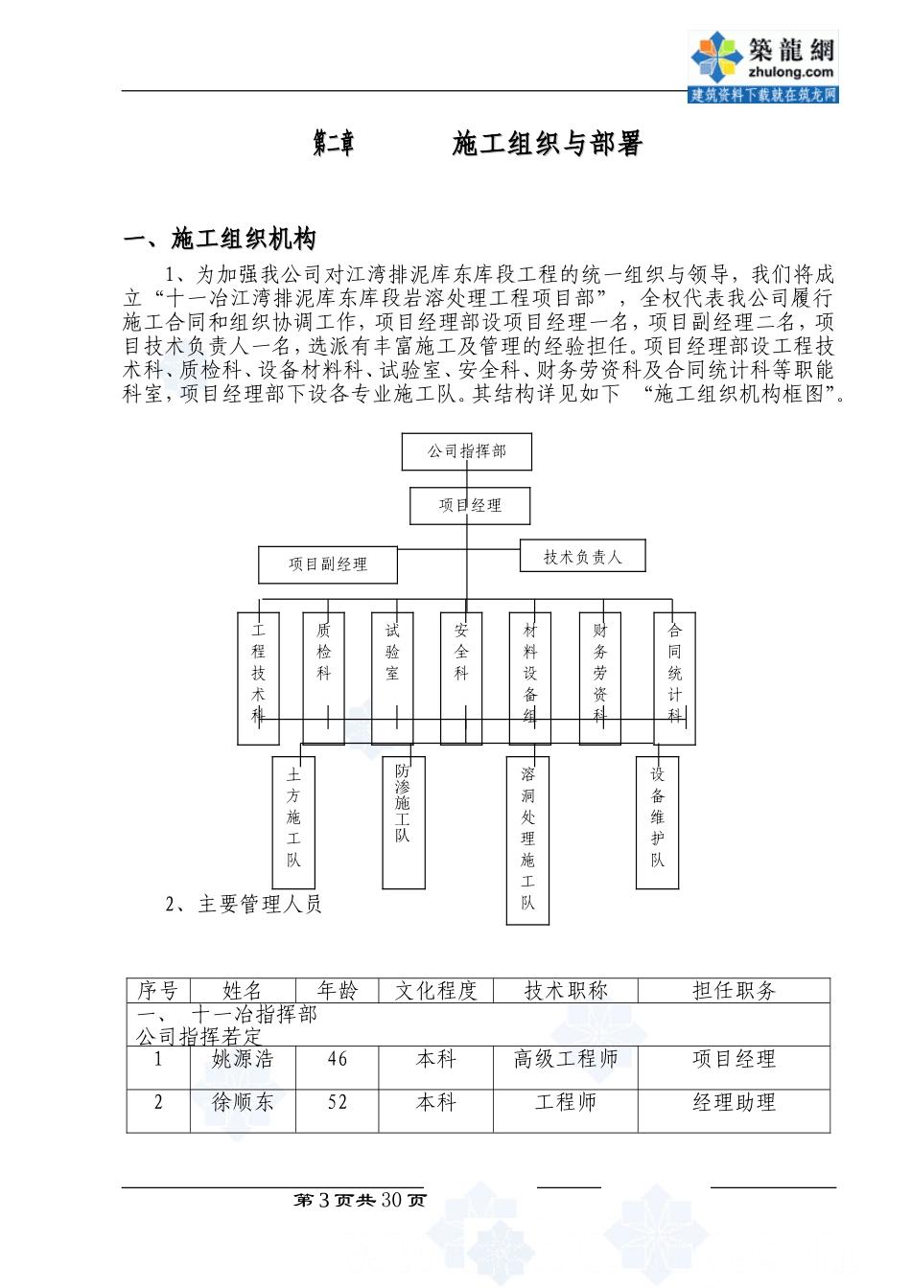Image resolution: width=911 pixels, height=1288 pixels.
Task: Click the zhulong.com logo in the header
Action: click(763, 65)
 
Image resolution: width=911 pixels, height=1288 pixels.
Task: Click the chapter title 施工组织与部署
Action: click(547, 144)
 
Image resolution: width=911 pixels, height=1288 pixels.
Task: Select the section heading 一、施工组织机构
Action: click(220, 239)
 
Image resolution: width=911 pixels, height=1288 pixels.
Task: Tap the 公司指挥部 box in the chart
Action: click(466, 451)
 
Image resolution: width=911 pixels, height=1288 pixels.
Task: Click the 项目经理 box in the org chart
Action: click(470, 505)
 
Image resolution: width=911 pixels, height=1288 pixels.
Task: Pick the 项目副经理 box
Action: click(328, 564)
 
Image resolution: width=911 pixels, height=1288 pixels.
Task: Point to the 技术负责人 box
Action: click(582, 556)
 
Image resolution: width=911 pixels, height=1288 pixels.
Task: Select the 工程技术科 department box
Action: click(258, 678)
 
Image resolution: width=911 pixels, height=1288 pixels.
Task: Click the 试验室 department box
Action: click(392, 678)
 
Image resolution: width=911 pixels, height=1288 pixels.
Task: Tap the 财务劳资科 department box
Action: click(600, 678)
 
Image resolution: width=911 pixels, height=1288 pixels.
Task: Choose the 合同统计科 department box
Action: click(674, 678)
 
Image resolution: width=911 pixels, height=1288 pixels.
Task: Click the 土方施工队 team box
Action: click(293, 821)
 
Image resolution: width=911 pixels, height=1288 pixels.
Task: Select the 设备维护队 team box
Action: click(658, 821)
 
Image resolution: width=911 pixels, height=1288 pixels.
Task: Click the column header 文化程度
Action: click(436, 991)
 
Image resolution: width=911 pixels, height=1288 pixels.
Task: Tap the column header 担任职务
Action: click(734, 991)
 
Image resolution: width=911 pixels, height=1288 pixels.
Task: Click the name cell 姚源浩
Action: click(243, 1060)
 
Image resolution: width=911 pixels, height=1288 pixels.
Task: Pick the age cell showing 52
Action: click(338, 1103)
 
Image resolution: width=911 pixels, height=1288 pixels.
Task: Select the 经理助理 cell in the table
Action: click(734, 1103)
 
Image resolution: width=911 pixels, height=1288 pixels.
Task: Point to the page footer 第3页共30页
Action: click(360, 1201)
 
